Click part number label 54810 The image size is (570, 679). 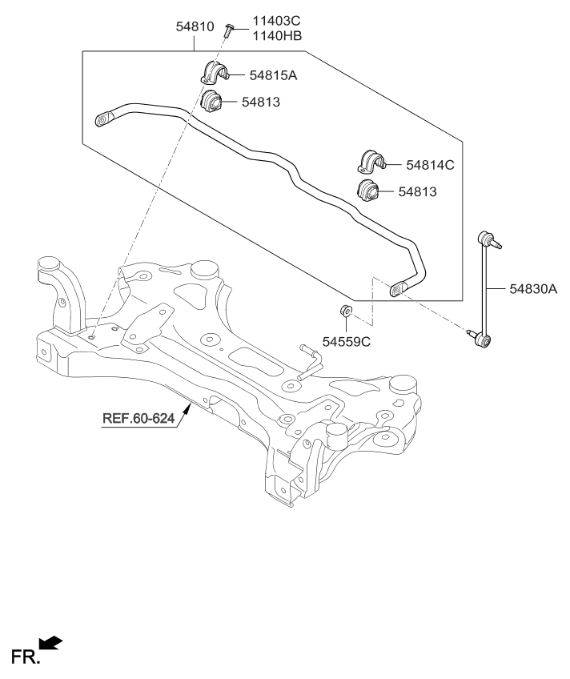(x=195, y=27)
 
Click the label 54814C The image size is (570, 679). (x=430, y=165)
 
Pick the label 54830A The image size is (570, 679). (x=531, y=290)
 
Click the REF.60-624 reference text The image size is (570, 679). (x=138, y=419)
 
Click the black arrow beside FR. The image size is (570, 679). (x=50, y=642)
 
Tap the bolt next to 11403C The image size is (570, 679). (x=228, y=30)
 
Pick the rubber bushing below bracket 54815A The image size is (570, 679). (x=211, y=102)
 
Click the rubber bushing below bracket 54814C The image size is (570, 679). (x=367, y=192)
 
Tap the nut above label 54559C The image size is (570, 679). (x=345, y=311)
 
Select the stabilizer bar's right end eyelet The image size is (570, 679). (x=398, y=288)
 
